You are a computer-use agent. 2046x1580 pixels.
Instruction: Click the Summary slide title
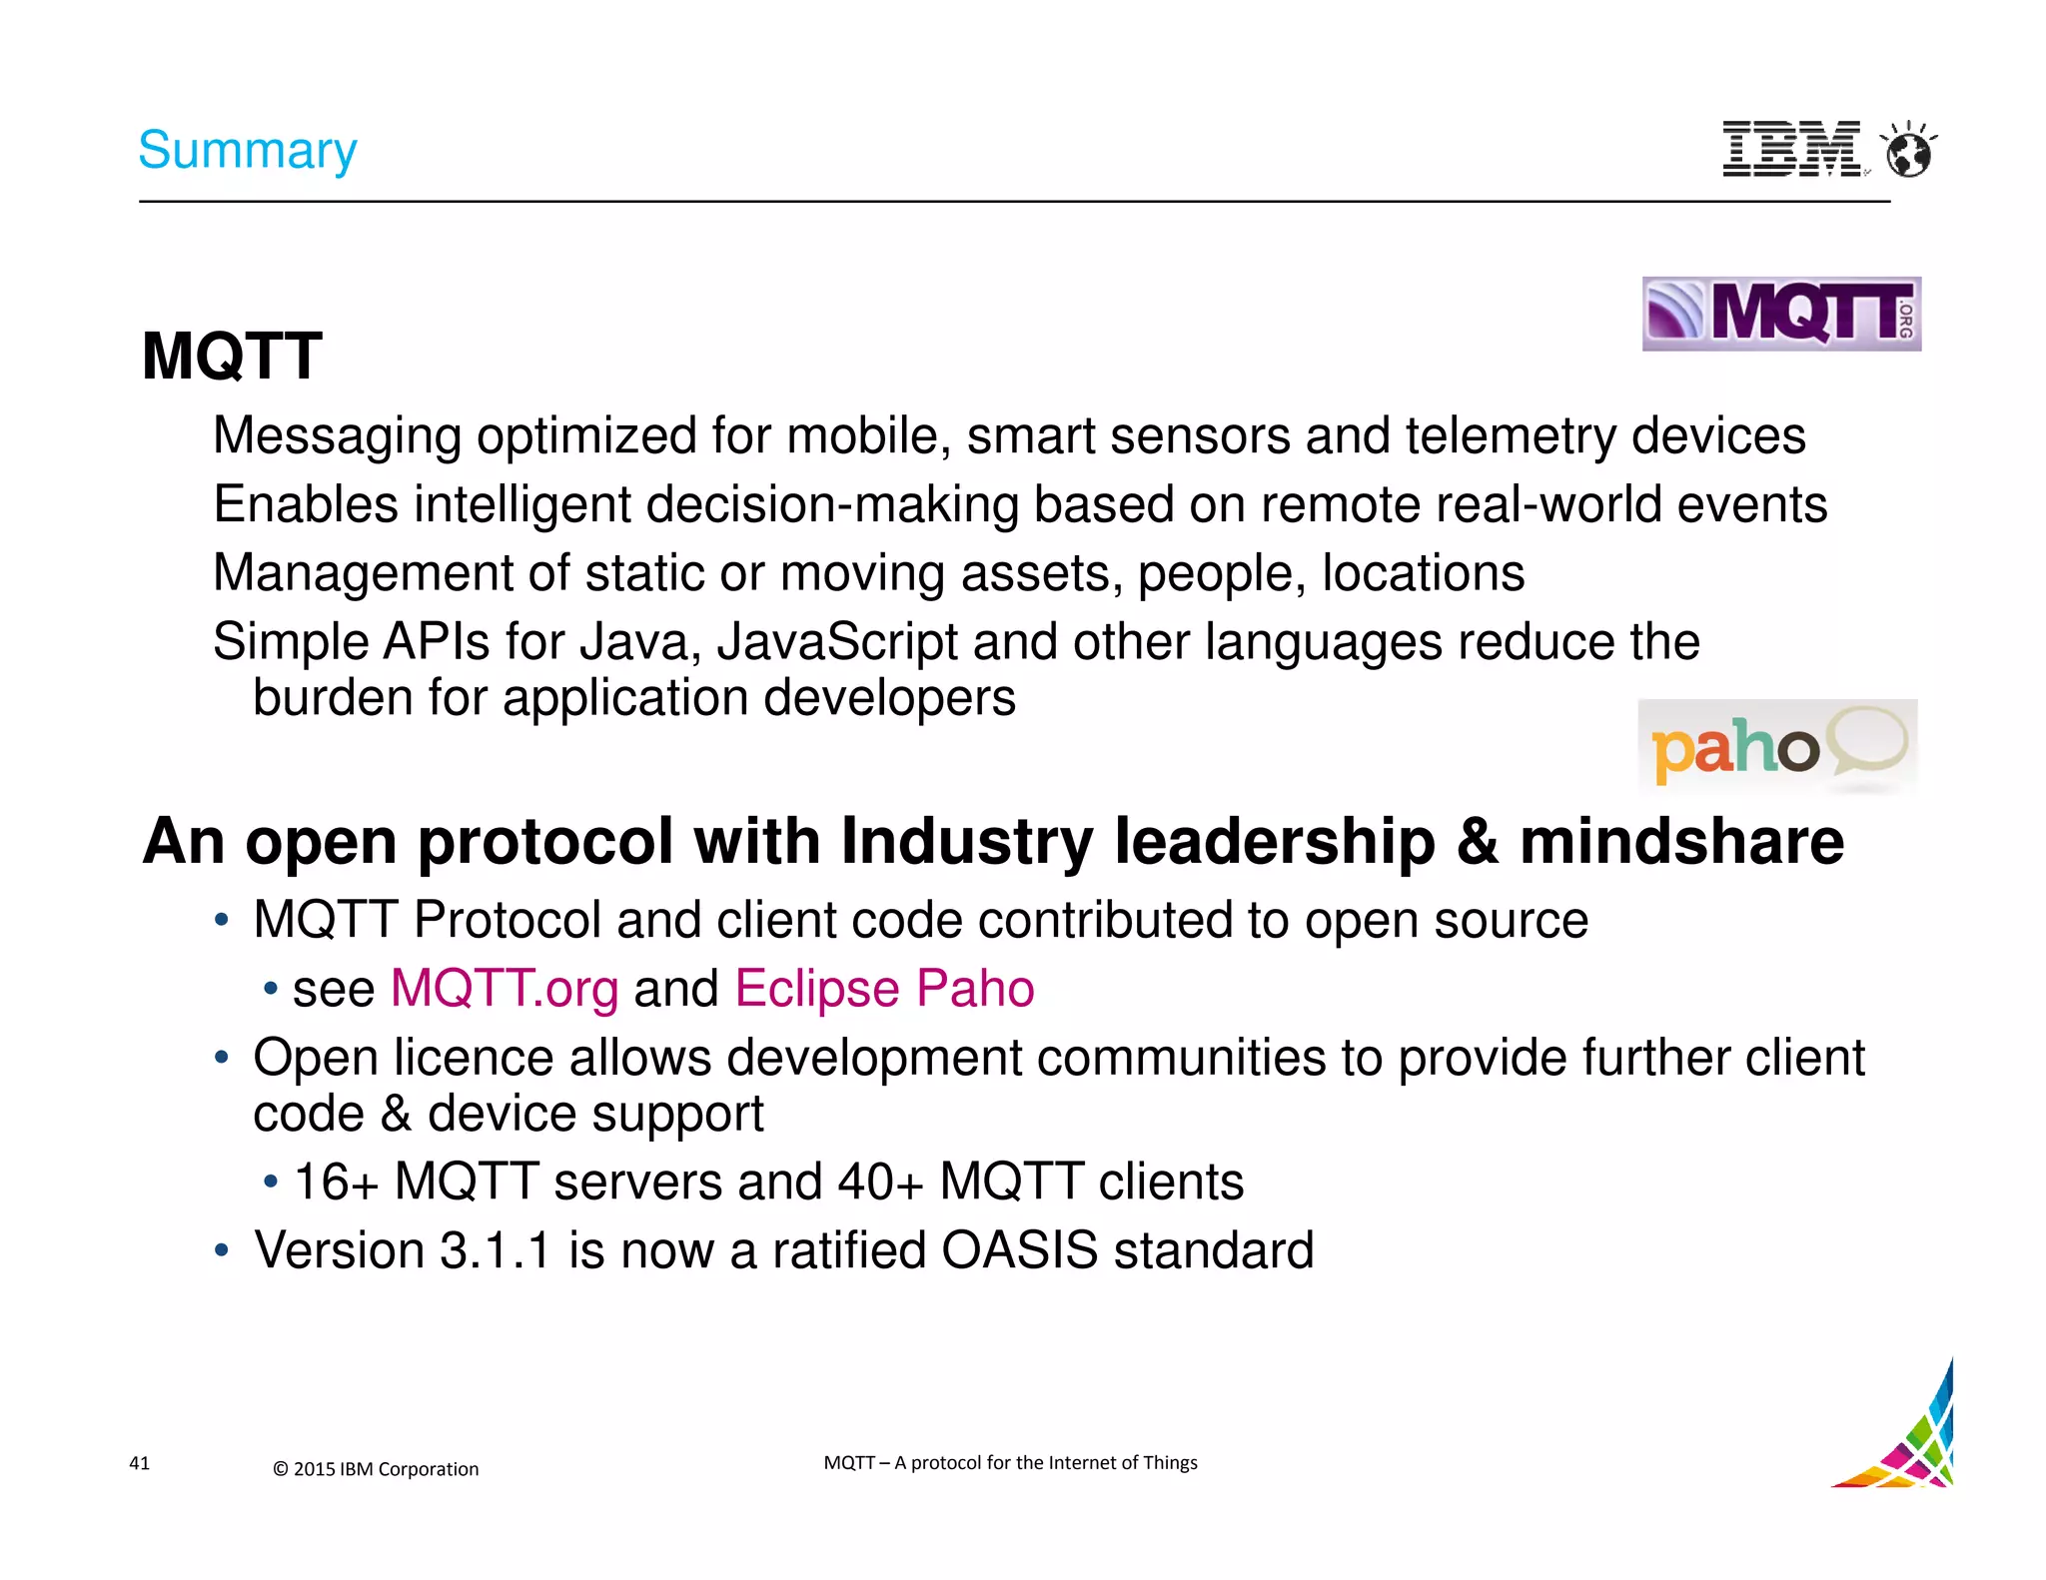[247, 151]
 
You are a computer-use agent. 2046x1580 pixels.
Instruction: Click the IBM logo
[1791, 150]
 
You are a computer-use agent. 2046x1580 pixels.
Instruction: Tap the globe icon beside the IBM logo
[1908, 152]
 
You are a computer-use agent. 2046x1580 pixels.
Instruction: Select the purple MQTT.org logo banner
[1780, 314]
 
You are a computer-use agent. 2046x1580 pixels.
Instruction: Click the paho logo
[1776, 747]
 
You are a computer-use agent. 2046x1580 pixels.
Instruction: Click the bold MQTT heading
[232, 357]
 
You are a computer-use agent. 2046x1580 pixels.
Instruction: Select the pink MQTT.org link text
[504, 989]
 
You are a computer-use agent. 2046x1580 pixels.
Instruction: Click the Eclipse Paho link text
[884, 989]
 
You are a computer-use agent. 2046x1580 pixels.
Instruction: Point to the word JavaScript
[837, 641]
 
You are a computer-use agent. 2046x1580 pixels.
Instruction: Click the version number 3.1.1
[495, 1250]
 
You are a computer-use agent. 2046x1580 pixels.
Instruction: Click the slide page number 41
[140, 1463]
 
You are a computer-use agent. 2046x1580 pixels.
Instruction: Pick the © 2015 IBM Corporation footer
[376, 1469]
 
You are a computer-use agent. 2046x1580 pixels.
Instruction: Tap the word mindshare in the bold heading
[1681, 841]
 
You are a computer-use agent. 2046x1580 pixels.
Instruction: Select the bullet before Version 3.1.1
[222, 1250]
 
